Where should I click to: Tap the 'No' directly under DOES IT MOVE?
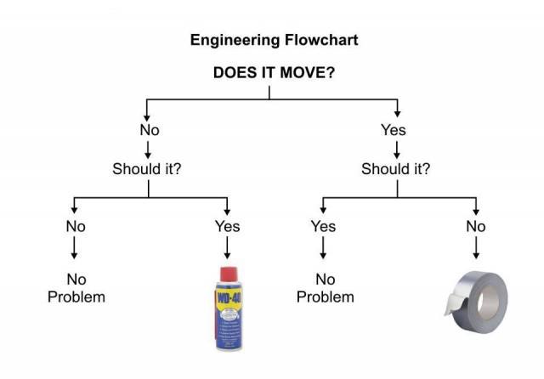(x=150, y=130)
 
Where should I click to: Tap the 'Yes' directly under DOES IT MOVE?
(x=394, y=130)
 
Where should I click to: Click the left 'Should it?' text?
(x=147, y=167)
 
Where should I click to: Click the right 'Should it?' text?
(x=395, y=167)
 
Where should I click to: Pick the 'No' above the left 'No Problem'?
(x=76, y=226)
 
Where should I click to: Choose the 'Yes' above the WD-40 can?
(x=227, y=226)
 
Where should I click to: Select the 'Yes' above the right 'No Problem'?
(x=323, y=226)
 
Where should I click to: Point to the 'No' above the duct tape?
(x=475, y=226)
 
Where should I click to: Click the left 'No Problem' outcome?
(x=76, y=288)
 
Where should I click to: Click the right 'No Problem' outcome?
(x=325, y=288)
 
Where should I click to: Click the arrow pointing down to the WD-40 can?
(x=227, y=248)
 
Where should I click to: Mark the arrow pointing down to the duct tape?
(x=475, y=248)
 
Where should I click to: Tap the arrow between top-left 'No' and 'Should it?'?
(x=150, y=149)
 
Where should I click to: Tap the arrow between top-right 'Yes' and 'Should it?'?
(x=396, y=149)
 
